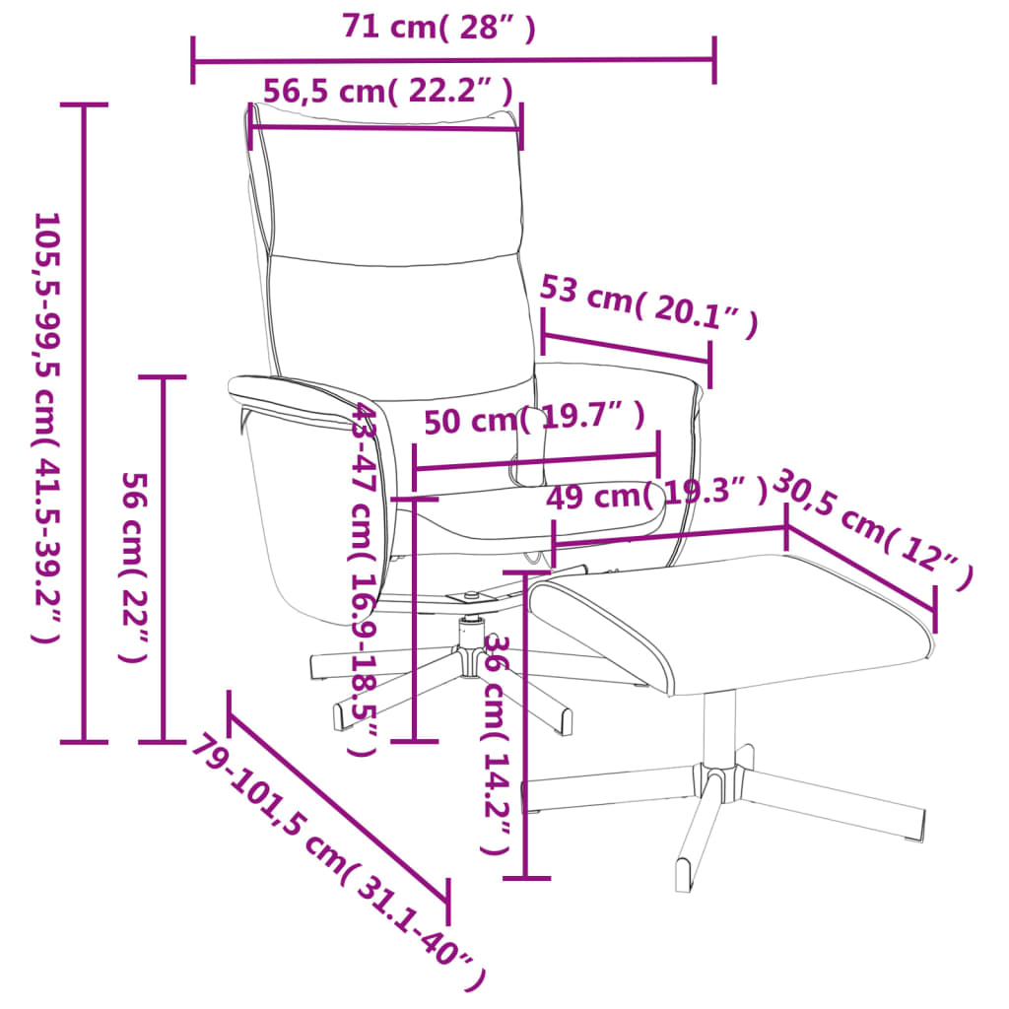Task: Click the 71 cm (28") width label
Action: (x=438, y=27)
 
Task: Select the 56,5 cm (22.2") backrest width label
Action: (x=388, y=91)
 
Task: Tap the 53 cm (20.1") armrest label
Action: (x=648, y=305)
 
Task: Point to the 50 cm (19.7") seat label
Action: (x=534, y=419)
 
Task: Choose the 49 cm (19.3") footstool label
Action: (x=656, y=494)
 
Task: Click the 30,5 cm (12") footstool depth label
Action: (x=872, y=529)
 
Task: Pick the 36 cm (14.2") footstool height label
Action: (x=497, y=745)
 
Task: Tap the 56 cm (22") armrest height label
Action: (x=134, y=567)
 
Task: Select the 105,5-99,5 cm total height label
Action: (x=47, y=428)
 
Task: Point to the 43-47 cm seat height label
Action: (x=364, y=578)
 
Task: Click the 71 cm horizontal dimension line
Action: (x=453, y=60)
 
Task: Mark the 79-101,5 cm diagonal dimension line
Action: (x=339, y=807)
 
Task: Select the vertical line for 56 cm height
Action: (x=163, y=560)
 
